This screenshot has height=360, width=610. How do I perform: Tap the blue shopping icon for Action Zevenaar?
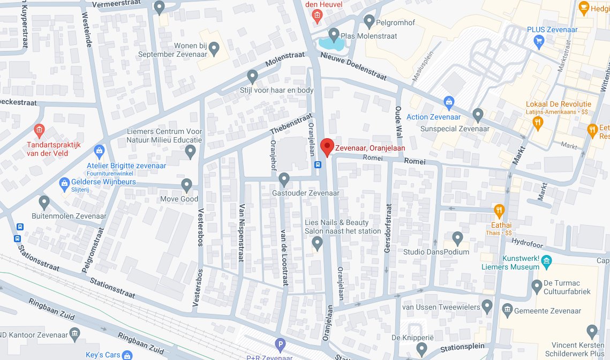tap(449, 101)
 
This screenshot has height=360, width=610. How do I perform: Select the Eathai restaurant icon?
tap(499, 209)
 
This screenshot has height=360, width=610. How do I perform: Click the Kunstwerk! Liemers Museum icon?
tap(546, 261)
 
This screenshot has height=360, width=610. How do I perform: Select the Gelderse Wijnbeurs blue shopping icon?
tap(64, 182)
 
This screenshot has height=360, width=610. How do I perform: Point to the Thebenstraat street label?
tap(291, 123)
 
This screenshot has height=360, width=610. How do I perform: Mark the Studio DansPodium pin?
tap(457, 237)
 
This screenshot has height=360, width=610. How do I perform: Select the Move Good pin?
tap(186, 185)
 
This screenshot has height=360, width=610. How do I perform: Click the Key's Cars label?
tap(103, 355)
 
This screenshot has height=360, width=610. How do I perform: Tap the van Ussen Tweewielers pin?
tap(487, 306)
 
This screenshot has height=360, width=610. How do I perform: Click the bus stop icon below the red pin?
tap(318, 165)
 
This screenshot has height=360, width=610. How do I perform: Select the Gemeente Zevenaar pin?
tap(506, 311)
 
